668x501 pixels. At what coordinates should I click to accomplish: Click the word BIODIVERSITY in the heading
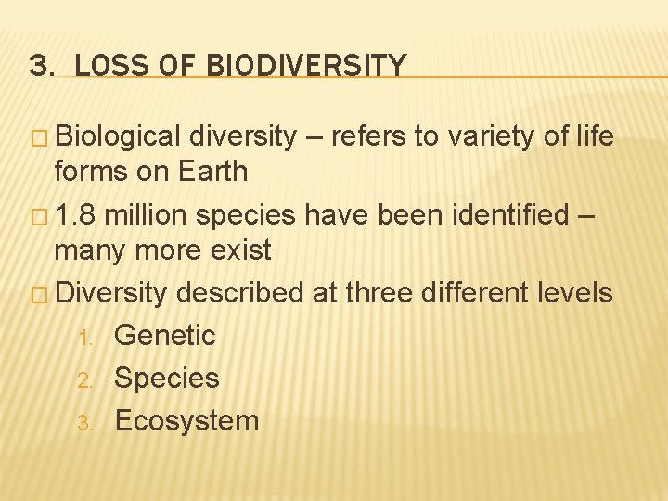(306, 66)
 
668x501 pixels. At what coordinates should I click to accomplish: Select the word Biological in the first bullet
(118, 137)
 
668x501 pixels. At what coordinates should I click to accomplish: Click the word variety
(487, 137)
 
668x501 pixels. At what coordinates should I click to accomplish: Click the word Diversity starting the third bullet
(111, 293)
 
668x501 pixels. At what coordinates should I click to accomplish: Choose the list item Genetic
(164, 335)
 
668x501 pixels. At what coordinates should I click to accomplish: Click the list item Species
(166, 379)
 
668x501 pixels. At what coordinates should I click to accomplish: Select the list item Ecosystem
(186, 421)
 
